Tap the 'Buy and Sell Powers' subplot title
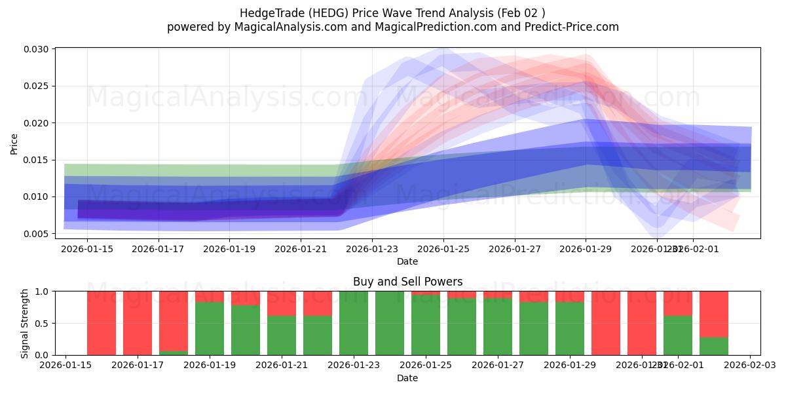click(x=407, y=282)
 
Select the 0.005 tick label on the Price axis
click(x=35, y=234)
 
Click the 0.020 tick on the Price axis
click(x=35, y=123)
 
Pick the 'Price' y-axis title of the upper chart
click(x=14, y=144)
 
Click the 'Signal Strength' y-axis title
click(x=24, y=323)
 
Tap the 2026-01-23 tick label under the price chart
click(x=371, y=249)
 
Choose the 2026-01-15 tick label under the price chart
click(x=86, y=249)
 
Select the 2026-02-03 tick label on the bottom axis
click(x=750, y=365)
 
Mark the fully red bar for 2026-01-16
click(x=102, y=323)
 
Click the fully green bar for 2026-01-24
click(x=390, y=323)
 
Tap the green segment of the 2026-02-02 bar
click(x=714, y=346)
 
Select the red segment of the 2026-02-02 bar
click(x=714, y=314)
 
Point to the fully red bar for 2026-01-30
click(x=606, y=323)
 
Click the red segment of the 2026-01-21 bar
click(x=282, y=303)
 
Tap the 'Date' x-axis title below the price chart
click(x=407, y=261)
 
